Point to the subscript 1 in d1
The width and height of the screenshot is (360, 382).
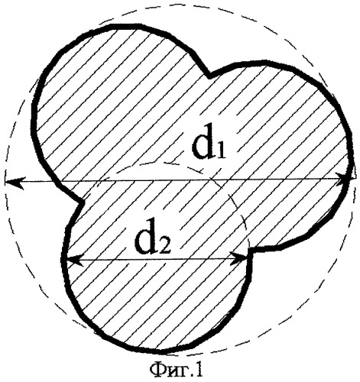221,152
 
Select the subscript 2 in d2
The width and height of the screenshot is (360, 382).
164,246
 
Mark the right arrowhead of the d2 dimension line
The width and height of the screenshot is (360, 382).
239,259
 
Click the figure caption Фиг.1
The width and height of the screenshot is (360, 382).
177,370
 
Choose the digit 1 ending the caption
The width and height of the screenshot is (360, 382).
199,370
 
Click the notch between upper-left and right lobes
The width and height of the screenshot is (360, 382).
209,76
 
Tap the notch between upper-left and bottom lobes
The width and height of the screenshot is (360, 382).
82,202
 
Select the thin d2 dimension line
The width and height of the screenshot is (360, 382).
157,259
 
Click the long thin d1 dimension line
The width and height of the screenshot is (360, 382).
179,180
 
